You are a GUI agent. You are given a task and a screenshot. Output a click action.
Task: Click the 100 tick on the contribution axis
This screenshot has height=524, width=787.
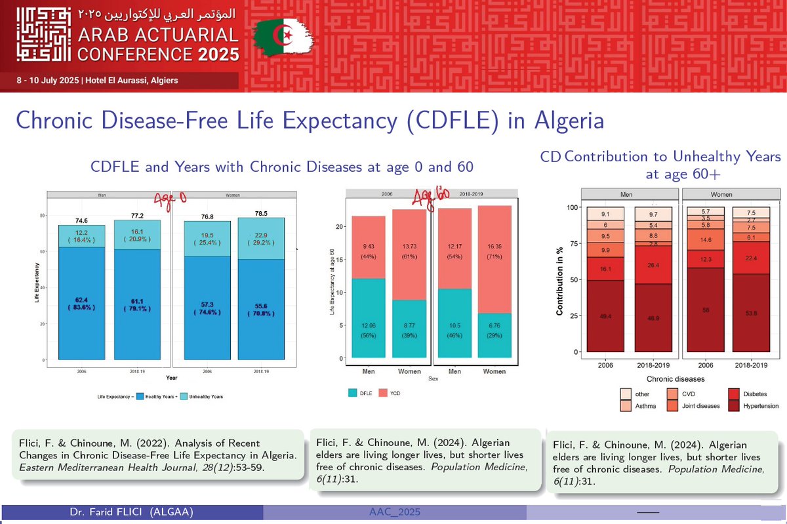573,208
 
